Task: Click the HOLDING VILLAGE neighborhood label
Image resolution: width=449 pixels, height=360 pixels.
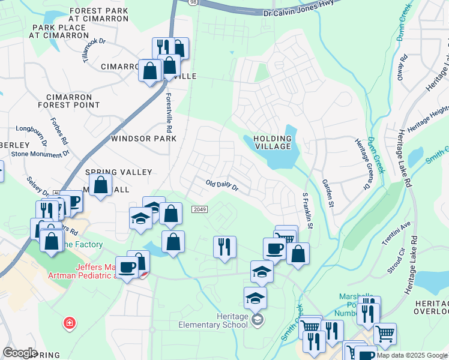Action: (x=272, y=143)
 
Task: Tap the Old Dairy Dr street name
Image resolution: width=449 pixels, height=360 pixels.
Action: (x=222, y=185)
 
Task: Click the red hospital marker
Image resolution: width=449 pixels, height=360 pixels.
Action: (x=70, y=323)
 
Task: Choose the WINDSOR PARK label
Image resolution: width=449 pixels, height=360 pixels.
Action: (x=144, y=139)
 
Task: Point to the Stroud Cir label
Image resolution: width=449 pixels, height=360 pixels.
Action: (x=395, y=263)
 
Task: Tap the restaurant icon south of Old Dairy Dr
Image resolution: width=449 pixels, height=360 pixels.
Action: (x=224, y=247)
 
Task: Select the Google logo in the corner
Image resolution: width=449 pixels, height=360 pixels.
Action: (x=20, y=353)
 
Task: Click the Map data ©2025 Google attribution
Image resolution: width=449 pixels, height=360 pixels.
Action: (x=411, y=355)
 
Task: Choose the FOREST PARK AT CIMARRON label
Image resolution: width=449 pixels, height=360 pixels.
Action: (x=98, y=14)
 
